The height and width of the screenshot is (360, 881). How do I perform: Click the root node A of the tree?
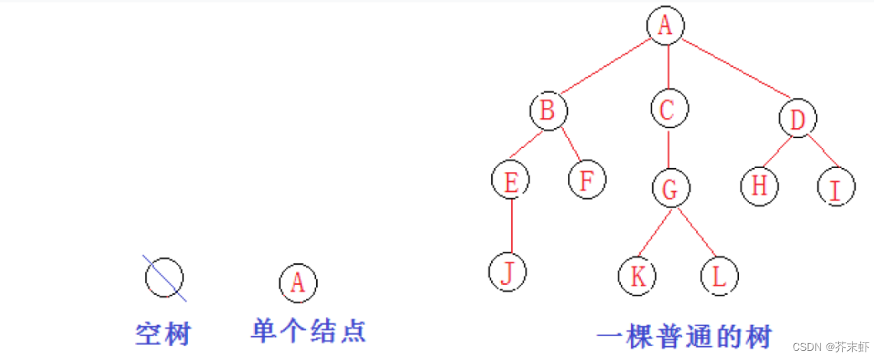click(x=665, y=25)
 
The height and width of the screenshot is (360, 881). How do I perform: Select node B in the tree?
click(x=548, y=111)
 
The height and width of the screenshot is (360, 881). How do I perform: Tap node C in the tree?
click(x=667, y=111)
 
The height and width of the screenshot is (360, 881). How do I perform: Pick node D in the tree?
click(x=798, y=120)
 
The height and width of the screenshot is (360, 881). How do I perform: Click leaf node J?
click(x=507, y=272)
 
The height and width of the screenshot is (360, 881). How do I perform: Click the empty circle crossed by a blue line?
click(x=164, y=277)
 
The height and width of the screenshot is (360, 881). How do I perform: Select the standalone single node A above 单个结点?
click(x=298, y=282)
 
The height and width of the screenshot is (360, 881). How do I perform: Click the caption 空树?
click(x=163, y=335)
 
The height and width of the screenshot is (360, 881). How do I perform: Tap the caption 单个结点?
click(x=309, y=332)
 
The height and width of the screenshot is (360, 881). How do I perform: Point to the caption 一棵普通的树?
click(x=684, y=337)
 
